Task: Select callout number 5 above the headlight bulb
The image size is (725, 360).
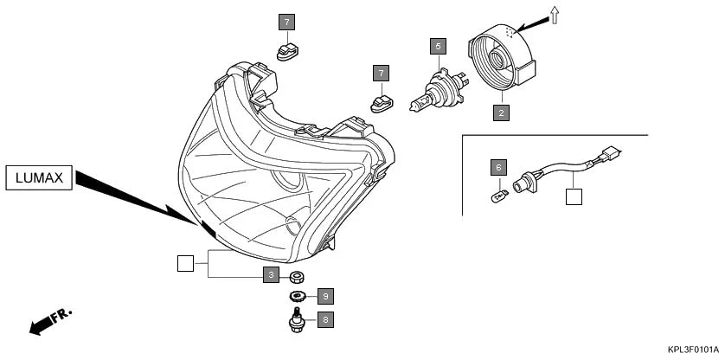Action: pos(439,45)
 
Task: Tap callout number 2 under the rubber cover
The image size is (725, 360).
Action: pos(501,112)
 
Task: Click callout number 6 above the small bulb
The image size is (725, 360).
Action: pos(497,166)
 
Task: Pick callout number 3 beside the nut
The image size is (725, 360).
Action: pos(271,275)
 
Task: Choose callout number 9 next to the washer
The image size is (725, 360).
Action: pos(324,297)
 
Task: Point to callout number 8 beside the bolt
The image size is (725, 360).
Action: pos(324,320)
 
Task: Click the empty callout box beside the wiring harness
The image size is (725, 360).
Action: pos(574,196)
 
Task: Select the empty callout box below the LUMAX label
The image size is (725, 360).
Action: pos(184,263)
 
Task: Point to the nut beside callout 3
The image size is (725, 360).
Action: pos(297,276)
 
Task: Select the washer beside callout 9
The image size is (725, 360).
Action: pos(297,298)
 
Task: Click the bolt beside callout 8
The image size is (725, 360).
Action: pos(297,324)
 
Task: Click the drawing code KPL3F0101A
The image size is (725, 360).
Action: pos(693,350)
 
